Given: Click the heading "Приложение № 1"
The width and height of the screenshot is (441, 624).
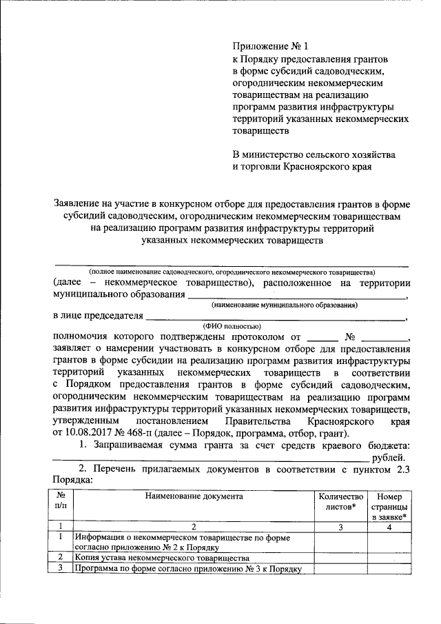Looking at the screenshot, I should pyautogui.click(x=267, y=47).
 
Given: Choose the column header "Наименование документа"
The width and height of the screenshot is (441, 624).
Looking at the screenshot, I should pyautogui.click(x=194, y=496).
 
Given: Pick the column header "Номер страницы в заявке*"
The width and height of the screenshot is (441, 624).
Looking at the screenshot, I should pyautogui.click(x=390, y=506).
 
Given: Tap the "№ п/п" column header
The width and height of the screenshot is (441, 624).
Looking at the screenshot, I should pyautogui.click(x=61, y=501).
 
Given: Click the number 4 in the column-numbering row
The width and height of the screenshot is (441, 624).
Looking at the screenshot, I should pyautogui.click(x=390, y=527).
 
